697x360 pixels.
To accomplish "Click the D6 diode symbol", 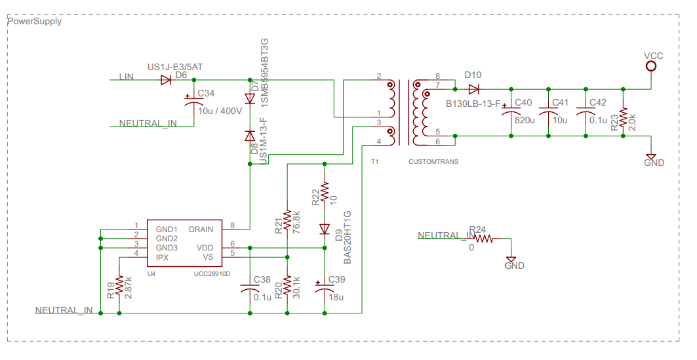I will click(x=166, y=79).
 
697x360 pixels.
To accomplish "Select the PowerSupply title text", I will click(x=34, y=21).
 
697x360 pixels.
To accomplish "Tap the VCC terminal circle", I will click(x=651, y=66).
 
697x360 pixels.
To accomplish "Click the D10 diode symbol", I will click(x=474, y=89).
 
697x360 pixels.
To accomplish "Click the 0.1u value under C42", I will click(x=599, y=120).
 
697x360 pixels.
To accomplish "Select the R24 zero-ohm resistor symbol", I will click(x=484, y=239).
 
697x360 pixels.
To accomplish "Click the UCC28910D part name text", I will click(x=212, y=273).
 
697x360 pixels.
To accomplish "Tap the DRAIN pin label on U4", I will click(x=201, y=230).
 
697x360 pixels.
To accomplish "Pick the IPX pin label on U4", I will click(x=163, y=257).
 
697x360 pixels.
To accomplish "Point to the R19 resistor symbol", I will click(x=119, y=285).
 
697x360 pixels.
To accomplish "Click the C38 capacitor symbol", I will click(x=250, y=289).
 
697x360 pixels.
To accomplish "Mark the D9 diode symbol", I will click(x=324, y=229).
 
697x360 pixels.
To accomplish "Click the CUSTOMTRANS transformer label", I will click(x=433, y=161).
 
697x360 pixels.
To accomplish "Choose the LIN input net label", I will click(x=126, y=77).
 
